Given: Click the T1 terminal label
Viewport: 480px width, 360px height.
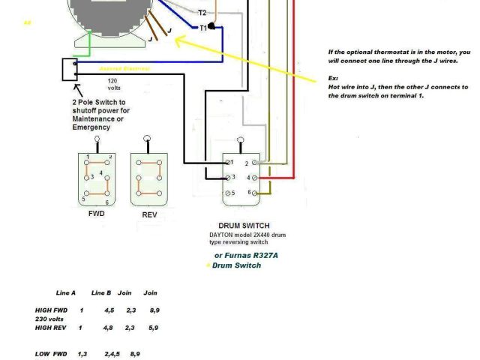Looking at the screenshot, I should pyautogui.click(x=202, y=28).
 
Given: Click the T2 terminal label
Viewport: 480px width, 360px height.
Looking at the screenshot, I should pyautogui.click(x=202, y=13).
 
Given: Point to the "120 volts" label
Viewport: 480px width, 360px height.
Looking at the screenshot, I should pyautogui.click(x=114, y=83).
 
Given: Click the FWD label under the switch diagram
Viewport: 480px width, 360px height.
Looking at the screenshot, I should pyautogui.click(x=97, y=214).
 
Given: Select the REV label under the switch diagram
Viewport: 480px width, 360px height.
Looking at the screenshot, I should pyautogui.click(x=149, y=215).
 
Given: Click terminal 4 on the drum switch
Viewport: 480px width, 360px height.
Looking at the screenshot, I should pyautogui.click(x=249, y=178).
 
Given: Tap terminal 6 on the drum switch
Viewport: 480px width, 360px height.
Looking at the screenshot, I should pyautogui.click(x=249, y=193).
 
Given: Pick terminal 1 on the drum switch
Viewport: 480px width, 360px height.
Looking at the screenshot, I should pyautogui.click(x=232, y=162).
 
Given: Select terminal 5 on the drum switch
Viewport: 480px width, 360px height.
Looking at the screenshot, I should pyautogui.click(x=232, y=193).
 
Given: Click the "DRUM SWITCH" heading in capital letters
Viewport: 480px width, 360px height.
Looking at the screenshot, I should pyautogui.click(x=244, y=226).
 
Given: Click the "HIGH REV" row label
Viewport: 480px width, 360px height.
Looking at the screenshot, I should pyautogui.click(x=52, y=328).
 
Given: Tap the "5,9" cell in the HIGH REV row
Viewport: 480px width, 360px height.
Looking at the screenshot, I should pyautogui.click(x=154, y=328).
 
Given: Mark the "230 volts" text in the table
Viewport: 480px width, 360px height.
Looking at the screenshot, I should pyautogui.click(x=50, y=318).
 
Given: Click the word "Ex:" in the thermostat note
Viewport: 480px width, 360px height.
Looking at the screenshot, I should pyautogui.click(x=333, y=77).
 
